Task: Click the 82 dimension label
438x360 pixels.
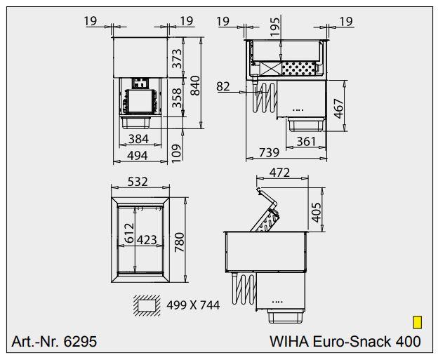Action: (x=223, y=86)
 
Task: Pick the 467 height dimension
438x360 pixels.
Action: (x=339, y=109)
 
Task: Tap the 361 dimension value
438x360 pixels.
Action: (x=305, y=141)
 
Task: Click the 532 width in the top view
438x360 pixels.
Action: (x=138, y=182)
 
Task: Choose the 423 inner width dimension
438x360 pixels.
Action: (x=146, y=240)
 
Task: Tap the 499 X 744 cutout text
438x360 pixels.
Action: (x=193, y=305)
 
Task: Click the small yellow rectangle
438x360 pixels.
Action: (x=417, y=322)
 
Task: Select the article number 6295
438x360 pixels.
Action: (x=54, y=342)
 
